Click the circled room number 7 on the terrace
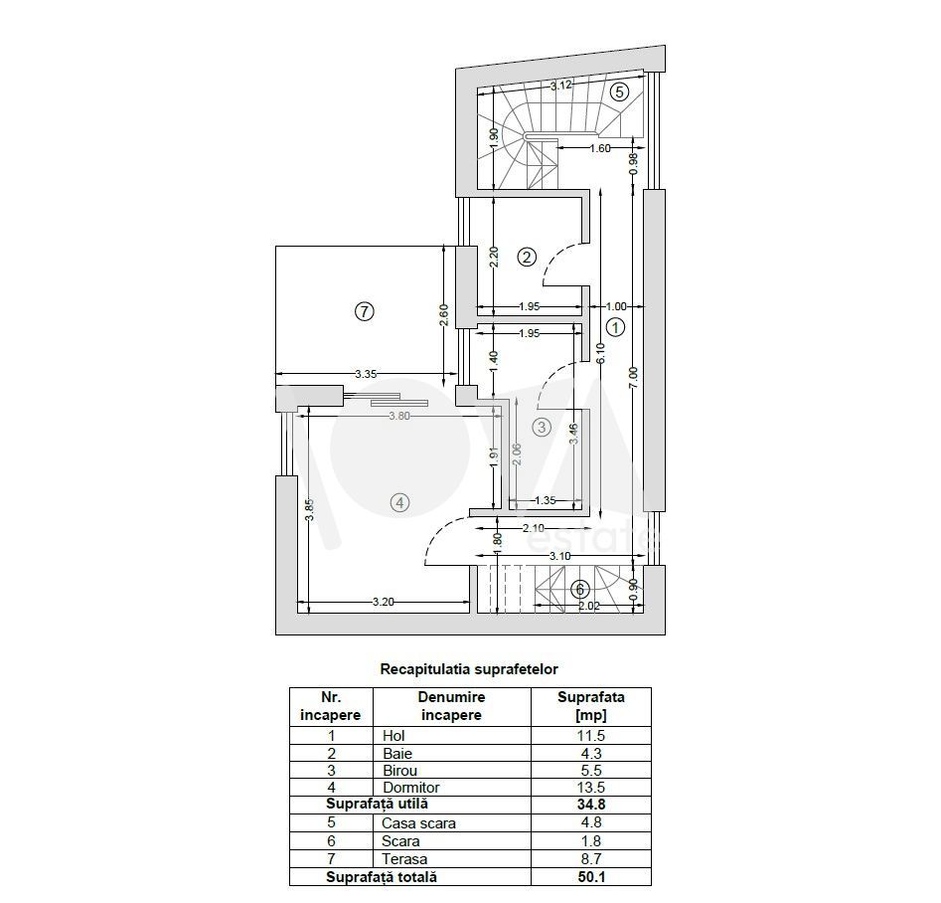(365, 311)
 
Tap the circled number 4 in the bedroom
(399, 502)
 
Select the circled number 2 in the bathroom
(527, 258)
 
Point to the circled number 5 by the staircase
(619, 91)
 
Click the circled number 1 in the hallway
(616, 327)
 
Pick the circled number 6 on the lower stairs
(579, 589)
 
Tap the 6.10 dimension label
(601, 353)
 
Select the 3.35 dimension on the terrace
(366, 374)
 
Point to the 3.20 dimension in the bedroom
(384, 602)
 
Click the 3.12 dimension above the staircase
(561, 86)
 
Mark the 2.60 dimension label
(443, 315)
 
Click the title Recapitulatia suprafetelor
(469, 668)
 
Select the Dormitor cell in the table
(411, 787)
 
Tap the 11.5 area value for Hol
(590, 735)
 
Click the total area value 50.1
(591, 876)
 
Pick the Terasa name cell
(404, 859)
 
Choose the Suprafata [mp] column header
(591, 706)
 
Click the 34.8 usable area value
(591, 804)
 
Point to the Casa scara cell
(418, 823)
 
